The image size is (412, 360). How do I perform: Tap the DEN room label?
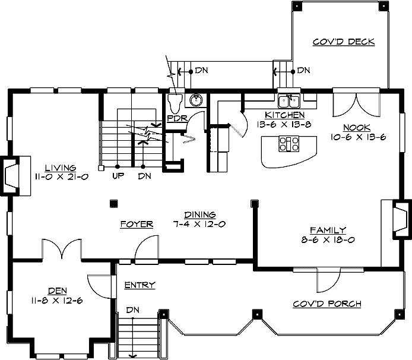pos(57,290)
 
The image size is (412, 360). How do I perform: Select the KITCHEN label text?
pos(285,115)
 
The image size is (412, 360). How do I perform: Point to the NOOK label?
pos(356,128)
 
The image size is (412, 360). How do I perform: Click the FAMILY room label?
pos(328,230)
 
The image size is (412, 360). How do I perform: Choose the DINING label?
pos(199,215)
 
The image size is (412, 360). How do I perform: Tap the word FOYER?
pos(137,224)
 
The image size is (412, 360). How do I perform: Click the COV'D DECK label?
pos(344,42)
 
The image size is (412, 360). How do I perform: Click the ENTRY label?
pos(140,285)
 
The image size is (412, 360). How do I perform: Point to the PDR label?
pos(177,118)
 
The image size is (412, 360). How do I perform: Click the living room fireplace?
pos(12,176)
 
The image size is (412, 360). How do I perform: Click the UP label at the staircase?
pos(117,176)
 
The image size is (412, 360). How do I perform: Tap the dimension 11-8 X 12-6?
pos(57,301)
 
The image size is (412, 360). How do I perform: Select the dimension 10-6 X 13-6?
pos(359,137)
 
